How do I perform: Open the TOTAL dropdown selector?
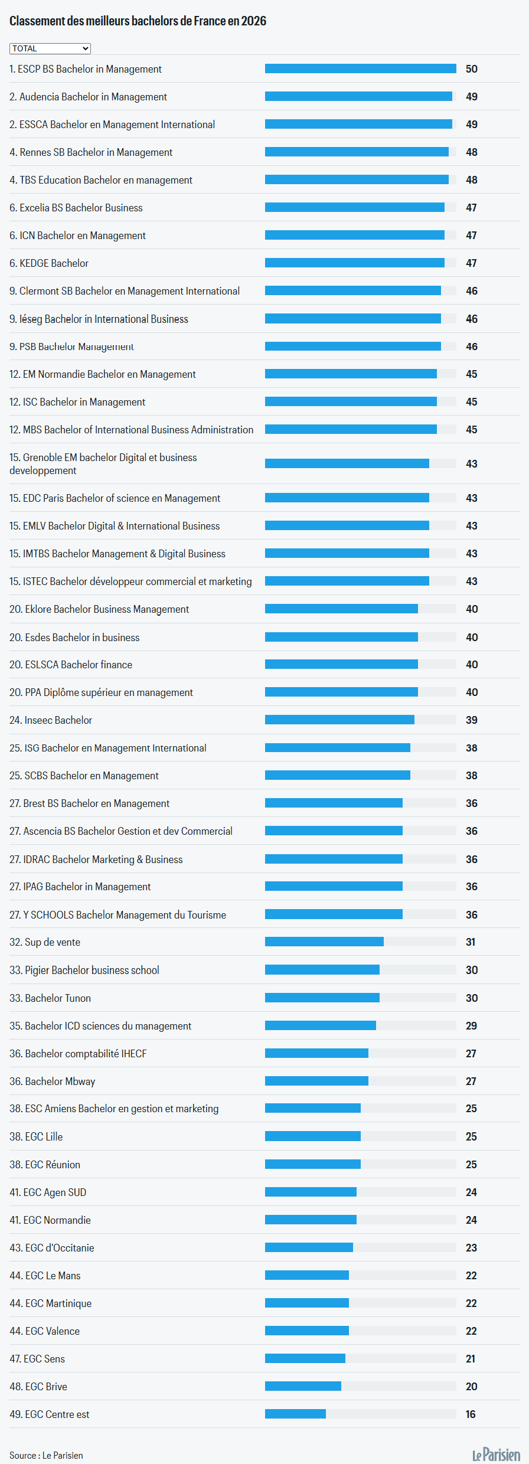pyautogui.click(x=50, y=48)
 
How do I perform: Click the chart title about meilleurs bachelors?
pyautogui.click(x=138, y=21)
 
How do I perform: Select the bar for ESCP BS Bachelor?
pyautogui.click(x=360, y=69)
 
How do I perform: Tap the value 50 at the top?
pyautogui.click(x=471, y=69)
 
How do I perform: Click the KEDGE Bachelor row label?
pyautogui.click(x=49, y=263)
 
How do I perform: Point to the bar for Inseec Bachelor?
pyautogui.click(x=339, y=720)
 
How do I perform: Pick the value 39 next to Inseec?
pyautogui.click(x=471, y=720)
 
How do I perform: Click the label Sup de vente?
pyautogui.click(x=45, y=942)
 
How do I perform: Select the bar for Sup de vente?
pyautogui.click(x=324, y=942)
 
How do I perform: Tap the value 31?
pyautogui.click(x=471, y=942)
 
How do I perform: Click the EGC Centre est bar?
pyautogui.click(x=295, y=1414)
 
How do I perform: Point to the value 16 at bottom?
pyautogui.click(x=471, y=1414)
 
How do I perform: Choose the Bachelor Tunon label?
pyautogui.click(x=50, y=998)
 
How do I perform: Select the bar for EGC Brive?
pyautogui.click(x=303, y=1386)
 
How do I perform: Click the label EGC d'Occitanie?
pyautogui.click(x=52, y=1248)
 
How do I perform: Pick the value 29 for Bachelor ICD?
pyautogui.click(x=471, y=1026)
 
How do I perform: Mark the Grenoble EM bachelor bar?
pyautogui.click(x=347, y=463)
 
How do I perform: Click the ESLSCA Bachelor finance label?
pyautogui.click(x=71, y=665)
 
